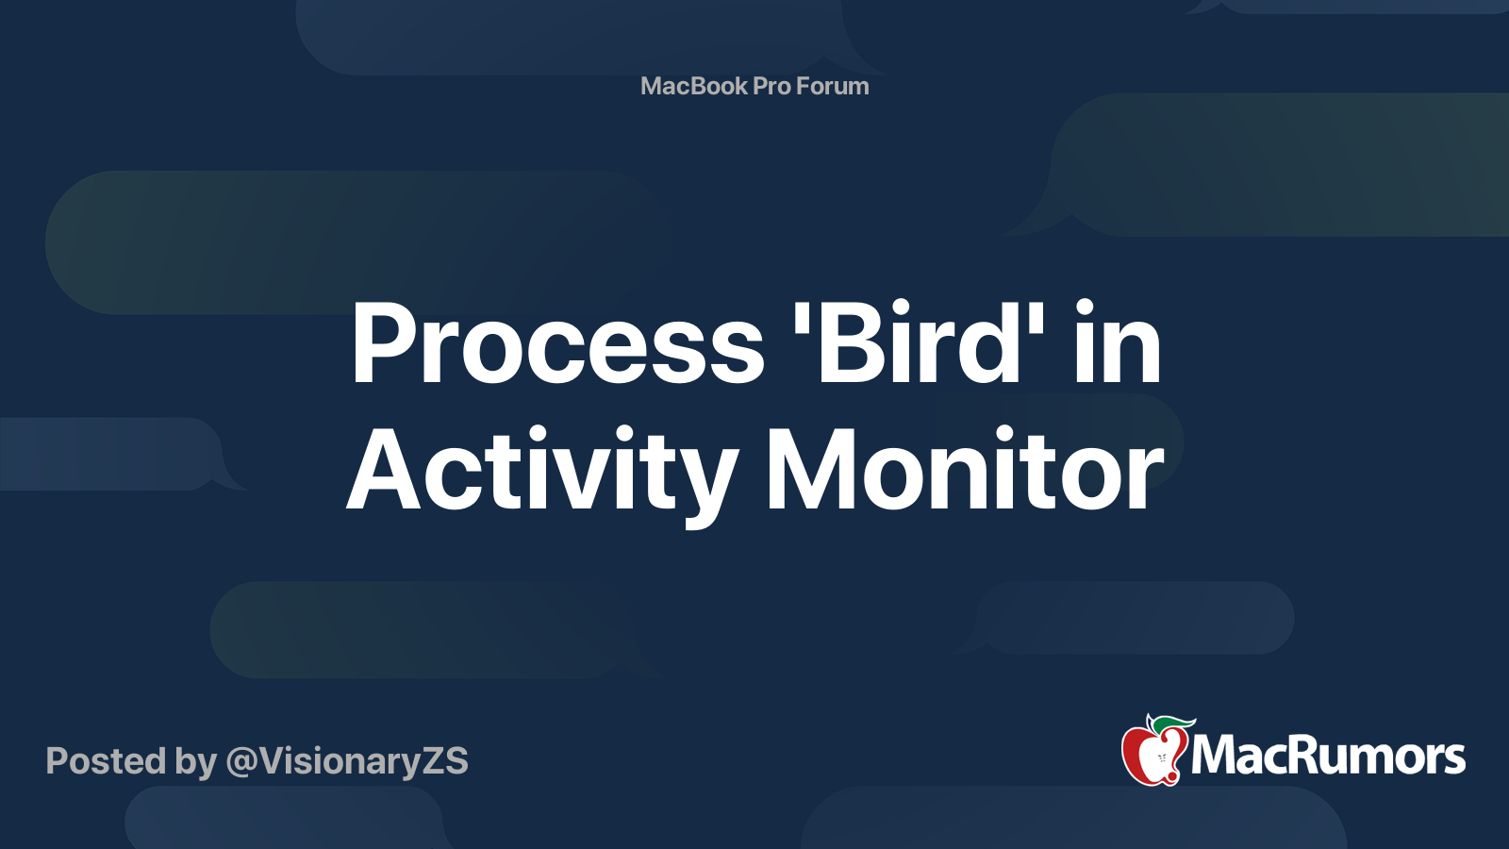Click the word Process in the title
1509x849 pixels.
tap(557, 343)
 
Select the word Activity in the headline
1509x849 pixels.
tap(541, 473)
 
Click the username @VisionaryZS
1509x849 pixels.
tap(347, 761)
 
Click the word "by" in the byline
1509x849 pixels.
tap(196, 763)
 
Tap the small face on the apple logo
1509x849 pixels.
tap(1162, 758)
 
